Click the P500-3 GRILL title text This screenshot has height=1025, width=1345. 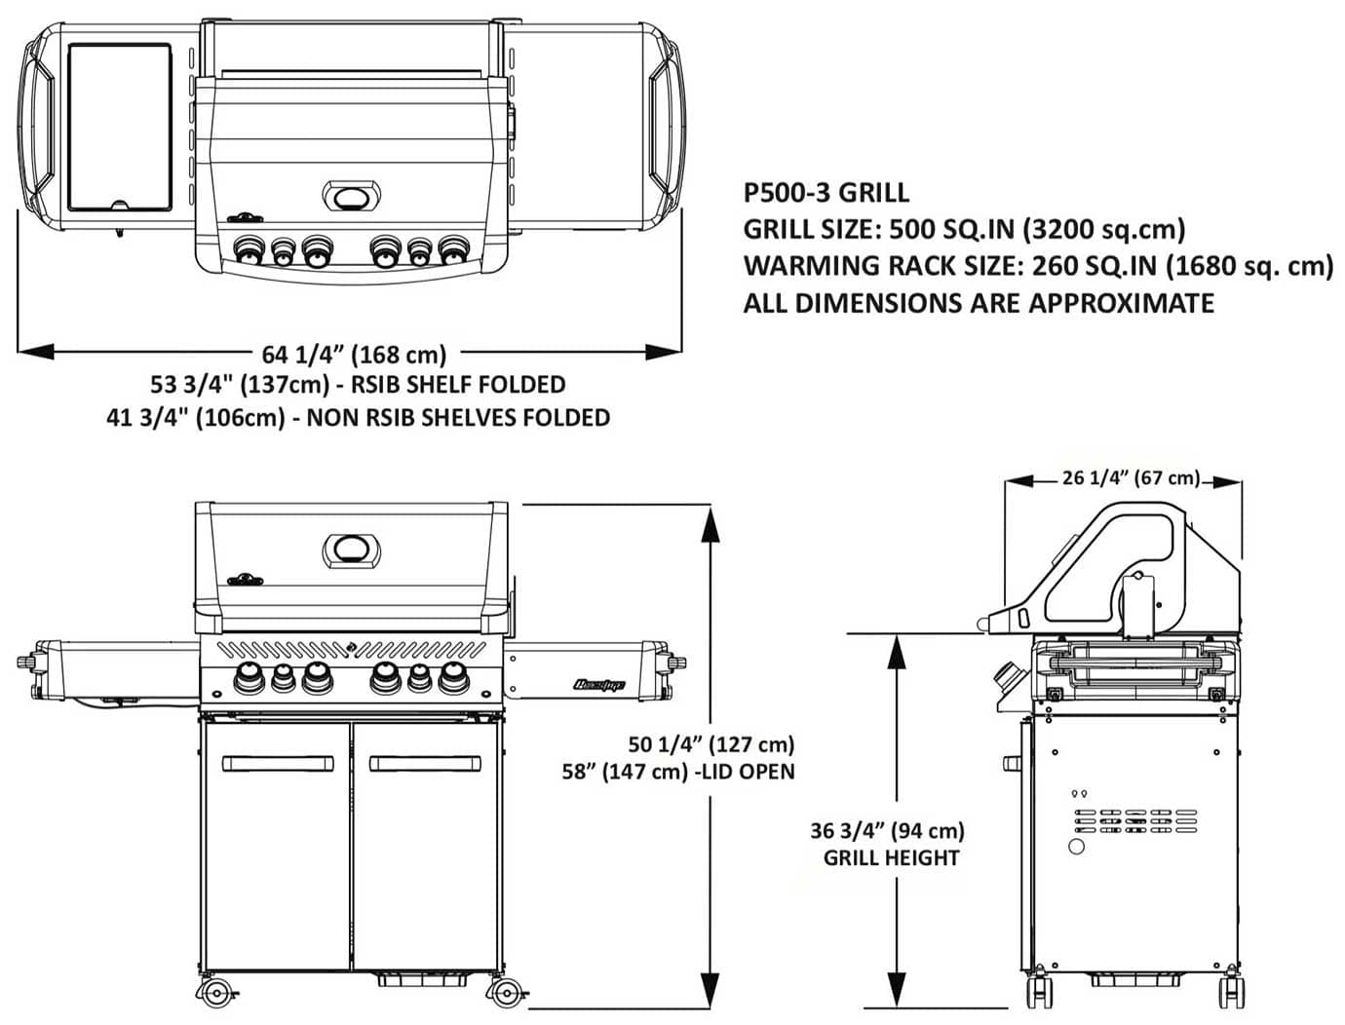coord(826,192)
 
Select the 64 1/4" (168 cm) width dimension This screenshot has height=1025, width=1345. coord(353,354)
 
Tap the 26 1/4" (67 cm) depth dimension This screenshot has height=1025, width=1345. coord(1131,477)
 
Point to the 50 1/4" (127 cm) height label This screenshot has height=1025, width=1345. coord(711,744)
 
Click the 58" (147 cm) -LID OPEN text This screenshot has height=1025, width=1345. coord(677,772)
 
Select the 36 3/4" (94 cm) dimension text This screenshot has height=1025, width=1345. coord(887,830)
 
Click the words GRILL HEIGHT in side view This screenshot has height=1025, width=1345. coord(891,858)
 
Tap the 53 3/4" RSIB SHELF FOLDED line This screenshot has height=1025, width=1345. coord(358,385)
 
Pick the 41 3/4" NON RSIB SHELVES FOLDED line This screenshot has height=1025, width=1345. coord(358,418)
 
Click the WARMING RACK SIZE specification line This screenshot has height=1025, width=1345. coord(1037,266)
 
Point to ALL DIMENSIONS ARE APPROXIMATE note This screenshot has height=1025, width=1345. coord(978,303)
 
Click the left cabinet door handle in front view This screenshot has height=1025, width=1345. coord(278,763)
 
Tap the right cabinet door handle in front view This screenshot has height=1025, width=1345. coord(424,763)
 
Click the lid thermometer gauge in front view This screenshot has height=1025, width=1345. coord(352,550)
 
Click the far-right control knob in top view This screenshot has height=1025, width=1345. coord(452,251)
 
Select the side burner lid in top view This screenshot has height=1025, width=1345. coord(120,127)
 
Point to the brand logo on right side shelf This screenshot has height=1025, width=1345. coord(598,685)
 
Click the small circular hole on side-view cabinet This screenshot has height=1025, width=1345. coord(1076,846)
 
